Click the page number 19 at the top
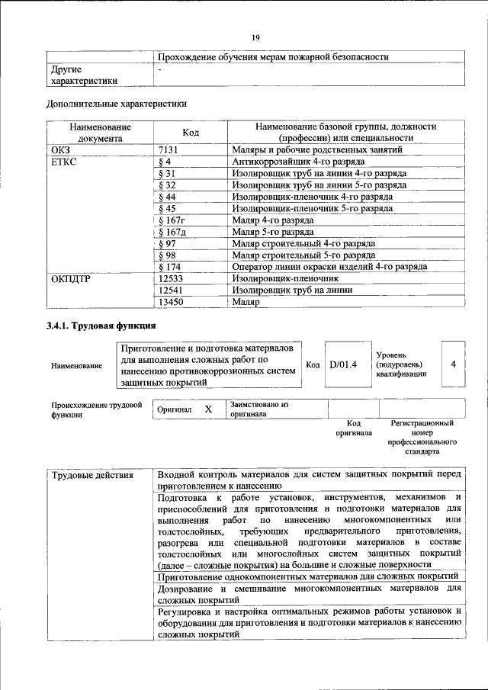(x=255, y=37)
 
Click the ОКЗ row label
(x=60, y=150)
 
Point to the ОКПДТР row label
(x=70, y=279)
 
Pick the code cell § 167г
(x=172, y=220)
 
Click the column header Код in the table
(x=191, y=132)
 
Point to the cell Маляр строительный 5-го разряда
(x=303, y=255)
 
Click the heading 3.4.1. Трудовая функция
(x=96, y=326)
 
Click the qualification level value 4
(x=453, y=364)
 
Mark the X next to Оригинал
(x=208, y=409)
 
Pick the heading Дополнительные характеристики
(x=117, y=103)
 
